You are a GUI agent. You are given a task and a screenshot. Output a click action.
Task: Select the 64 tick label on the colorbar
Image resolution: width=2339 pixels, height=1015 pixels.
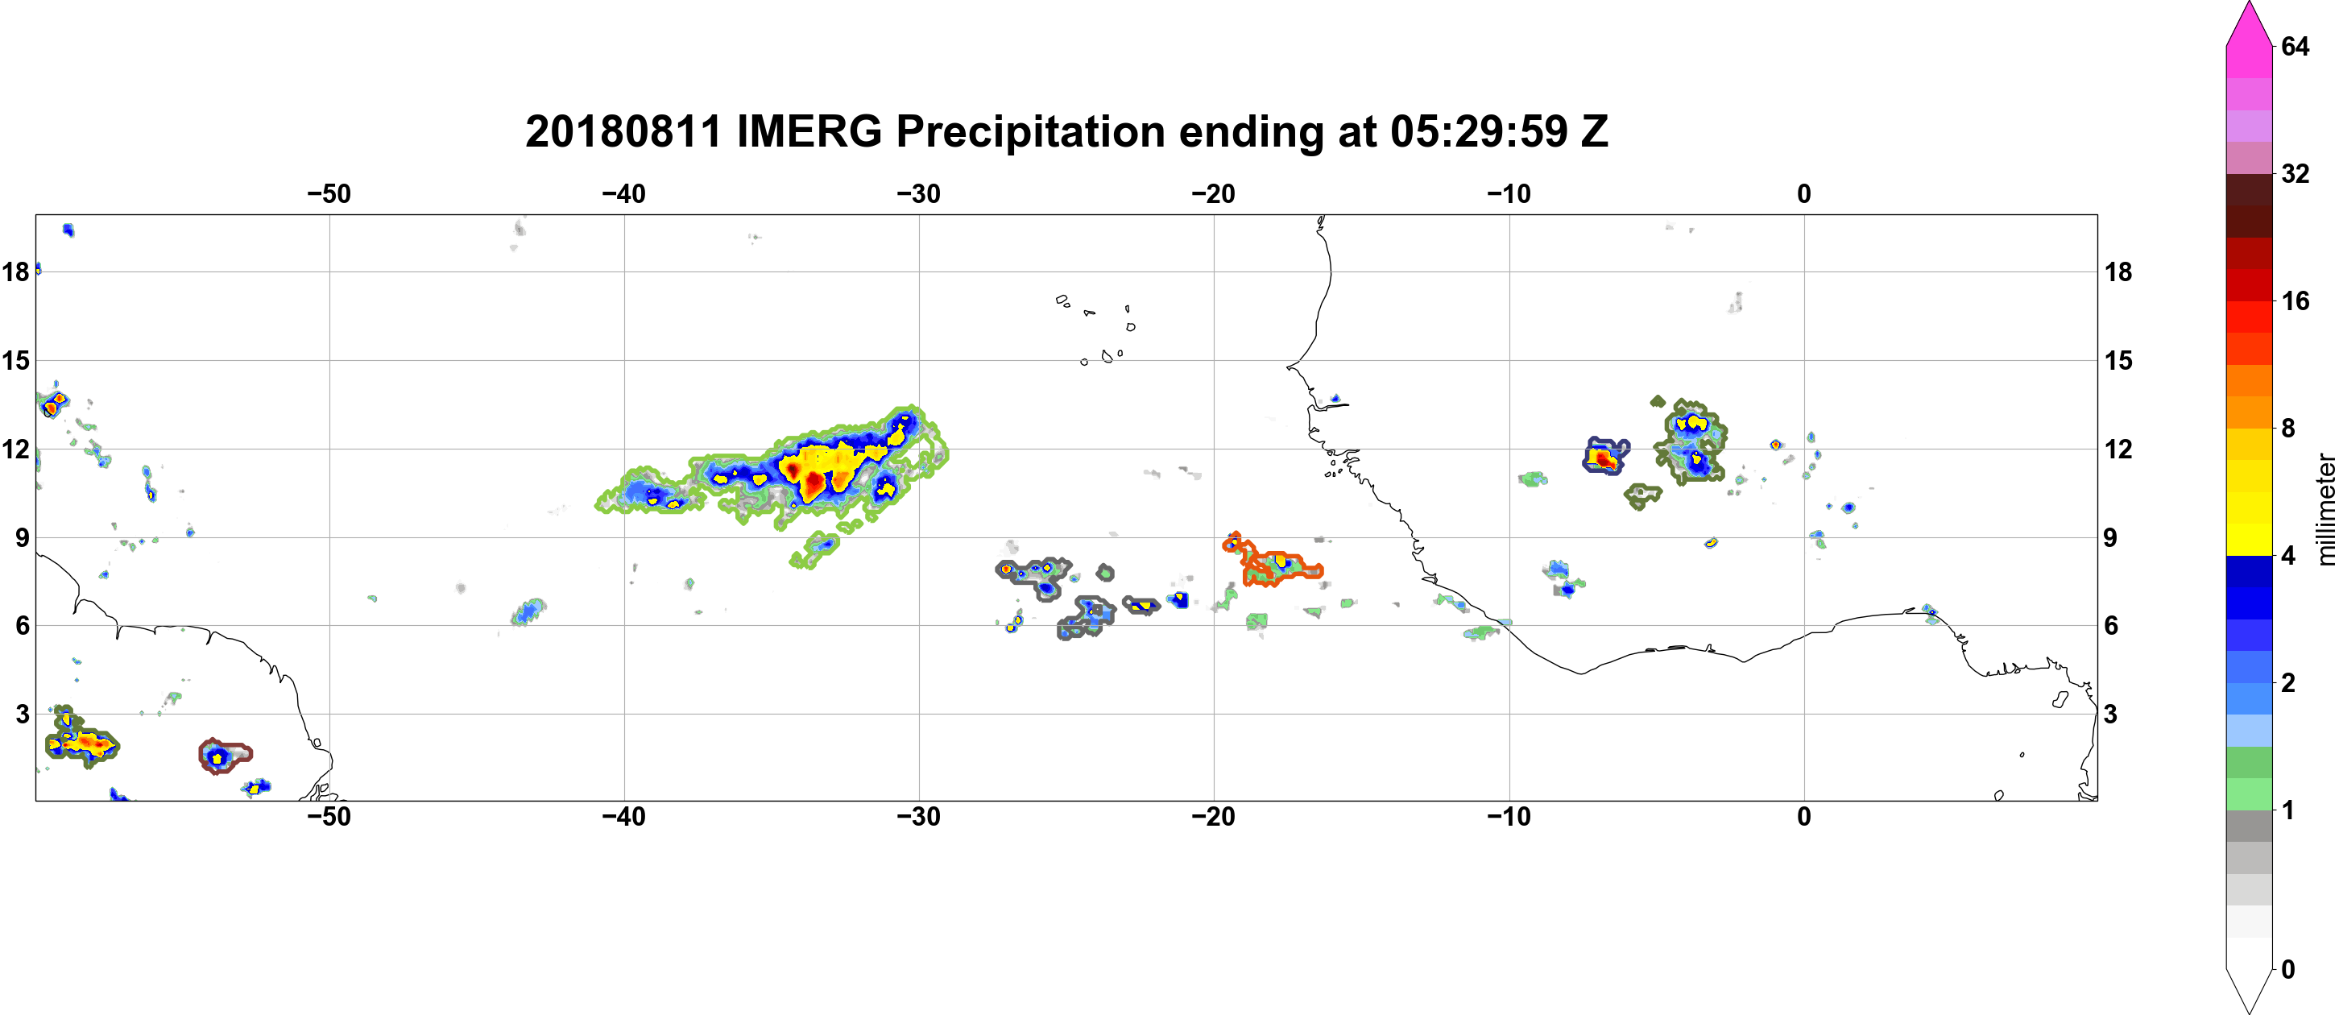(2295, 46)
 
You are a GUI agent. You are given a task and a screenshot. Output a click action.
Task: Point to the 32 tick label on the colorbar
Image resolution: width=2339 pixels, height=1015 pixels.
(2295, 173)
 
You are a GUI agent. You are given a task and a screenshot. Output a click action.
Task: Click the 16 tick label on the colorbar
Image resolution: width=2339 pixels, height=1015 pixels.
(2295, 300)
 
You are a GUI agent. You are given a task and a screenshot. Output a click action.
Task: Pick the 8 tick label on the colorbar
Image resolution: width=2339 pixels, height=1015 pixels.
(2288, 428)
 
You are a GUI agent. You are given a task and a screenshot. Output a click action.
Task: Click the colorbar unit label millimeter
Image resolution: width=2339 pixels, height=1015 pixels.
(2325, 510)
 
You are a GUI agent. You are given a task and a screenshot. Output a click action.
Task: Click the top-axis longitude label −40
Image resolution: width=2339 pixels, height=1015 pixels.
(623, 193)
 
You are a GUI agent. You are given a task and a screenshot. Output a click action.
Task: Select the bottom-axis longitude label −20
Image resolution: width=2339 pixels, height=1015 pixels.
(1214, 816)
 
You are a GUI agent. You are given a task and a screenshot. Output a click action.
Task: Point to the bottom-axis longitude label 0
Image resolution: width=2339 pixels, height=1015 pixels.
(1804, 816)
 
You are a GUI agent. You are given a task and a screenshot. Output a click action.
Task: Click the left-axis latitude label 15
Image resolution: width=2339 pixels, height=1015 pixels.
(15, 360)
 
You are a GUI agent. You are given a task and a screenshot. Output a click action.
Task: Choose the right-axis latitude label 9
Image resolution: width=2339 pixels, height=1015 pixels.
(2111, 537)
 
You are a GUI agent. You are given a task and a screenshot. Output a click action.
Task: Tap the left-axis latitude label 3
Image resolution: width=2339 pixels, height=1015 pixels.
(23, 714)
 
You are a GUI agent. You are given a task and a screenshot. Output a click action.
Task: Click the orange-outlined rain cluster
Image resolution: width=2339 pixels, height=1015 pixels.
(1271, 561)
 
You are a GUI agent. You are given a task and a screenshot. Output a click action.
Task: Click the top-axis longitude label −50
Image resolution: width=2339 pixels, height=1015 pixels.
(329, 193)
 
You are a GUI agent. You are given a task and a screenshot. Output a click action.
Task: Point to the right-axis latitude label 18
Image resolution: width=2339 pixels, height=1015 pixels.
(2118, 271)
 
